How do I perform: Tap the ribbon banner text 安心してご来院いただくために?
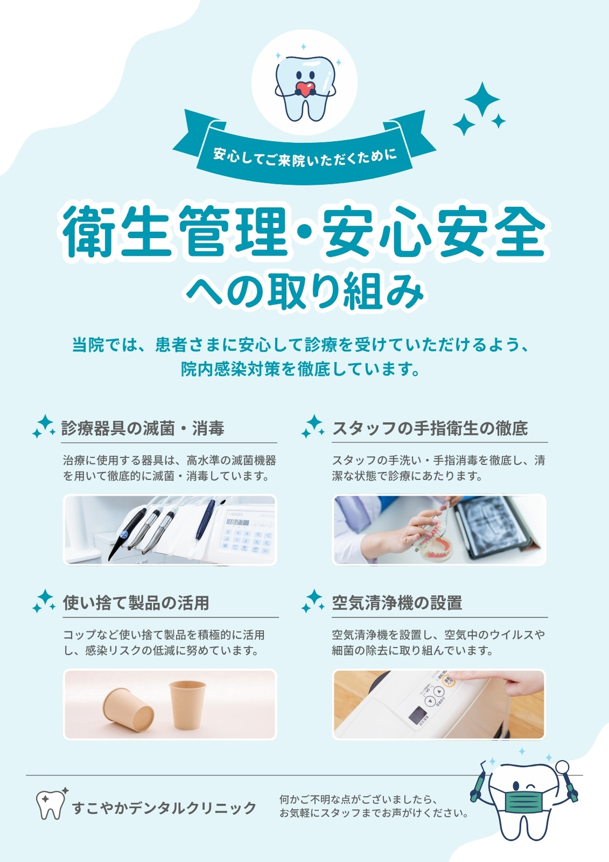pos(305,157)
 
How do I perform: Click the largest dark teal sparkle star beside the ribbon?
pos(482,99)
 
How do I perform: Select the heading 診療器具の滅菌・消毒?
pos(143,428)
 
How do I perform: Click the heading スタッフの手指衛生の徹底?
pos(430,428)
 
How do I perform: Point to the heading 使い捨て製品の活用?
pos(136,603)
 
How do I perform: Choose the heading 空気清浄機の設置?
pos(397,603)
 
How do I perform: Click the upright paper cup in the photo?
pos(188,705)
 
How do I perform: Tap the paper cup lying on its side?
pos(128,711)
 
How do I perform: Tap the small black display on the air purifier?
pos(418,715)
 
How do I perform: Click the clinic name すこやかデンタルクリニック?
pos(164,808)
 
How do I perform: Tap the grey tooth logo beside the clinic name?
pos(50,804)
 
